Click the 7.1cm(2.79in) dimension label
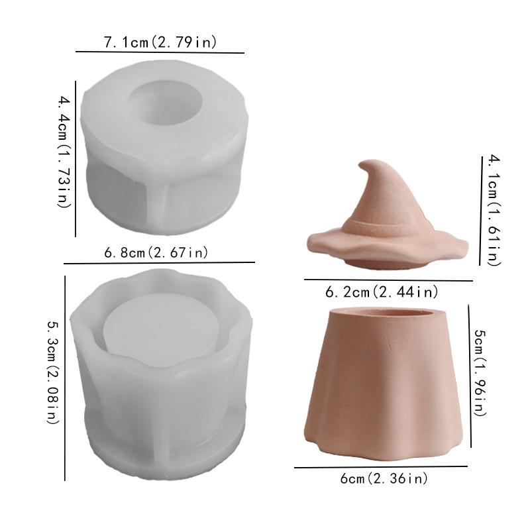click(x=160, y=42)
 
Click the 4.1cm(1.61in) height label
click(x=492, y=209)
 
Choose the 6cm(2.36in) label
click(x=384, y=478)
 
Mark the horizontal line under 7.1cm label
click(x=160, y=52)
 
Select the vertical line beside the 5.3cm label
click(x=65, y=378)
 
